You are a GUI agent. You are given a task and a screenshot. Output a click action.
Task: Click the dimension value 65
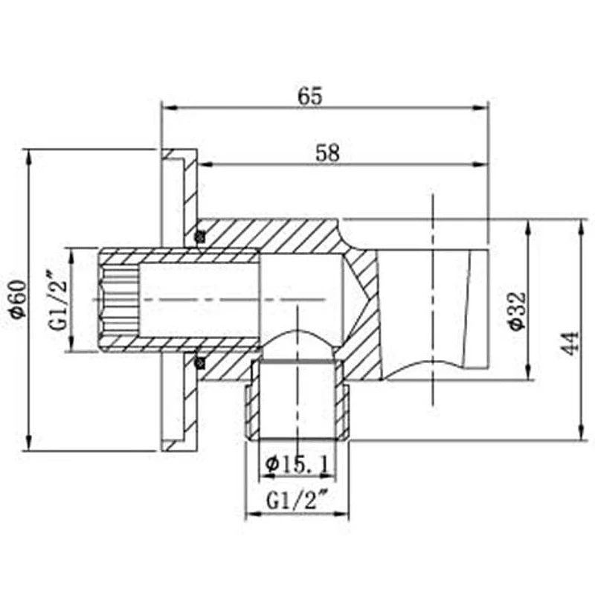[309, 97]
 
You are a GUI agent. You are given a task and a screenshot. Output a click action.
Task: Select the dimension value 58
[328, 153]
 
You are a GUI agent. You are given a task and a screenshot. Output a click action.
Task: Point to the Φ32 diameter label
[518, 311]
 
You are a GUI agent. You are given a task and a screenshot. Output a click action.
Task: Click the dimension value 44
[570, 344]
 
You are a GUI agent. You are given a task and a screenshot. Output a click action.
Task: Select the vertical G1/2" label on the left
[58, 300]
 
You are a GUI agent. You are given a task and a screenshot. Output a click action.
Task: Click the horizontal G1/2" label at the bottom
[297, 501]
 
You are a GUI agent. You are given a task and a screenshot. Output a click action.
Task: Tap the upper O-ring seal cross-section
[199, 237]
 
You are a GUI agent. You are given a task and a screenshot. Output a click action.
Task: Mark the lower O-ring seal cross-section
[199, 363]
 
